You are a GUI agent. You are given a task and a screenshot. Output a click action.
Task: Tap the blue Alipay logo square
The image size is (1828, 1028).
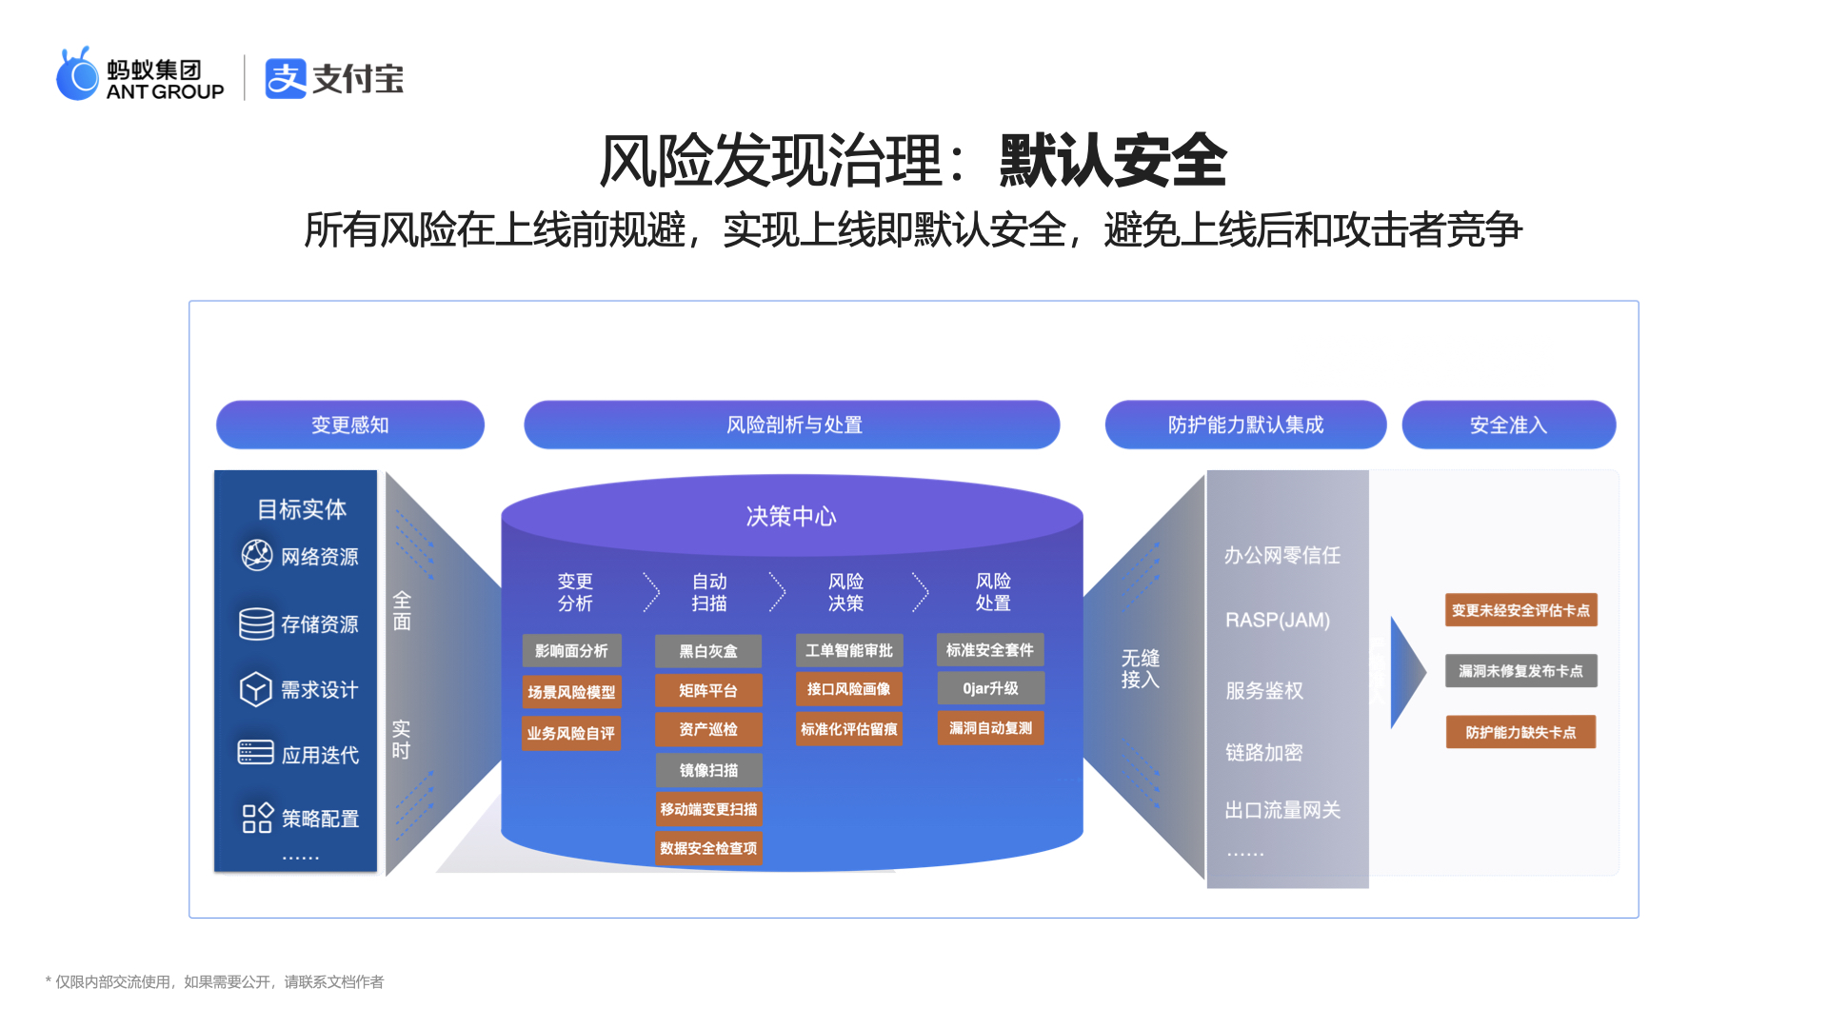[x=286, y=78]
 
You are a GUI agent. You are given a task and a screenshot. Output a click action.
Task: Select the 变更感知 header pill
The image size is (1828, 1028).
[x=350, y=425]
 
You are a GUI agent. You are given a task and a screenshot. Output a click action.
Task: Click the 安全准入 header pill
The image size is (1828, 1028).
[x=1509, y=425]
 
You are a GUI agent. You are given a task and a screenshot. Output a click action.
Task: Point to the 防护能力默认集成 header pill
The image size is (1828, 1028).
[x=1245, y=425]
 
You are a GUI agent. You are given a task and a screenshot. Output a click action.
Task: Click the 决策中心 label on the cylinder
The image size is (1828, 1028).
[x=791, y=516]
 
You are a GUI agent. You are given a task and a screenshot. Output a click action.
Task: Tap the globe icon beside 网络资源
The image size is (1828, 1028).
[x=257, y=555]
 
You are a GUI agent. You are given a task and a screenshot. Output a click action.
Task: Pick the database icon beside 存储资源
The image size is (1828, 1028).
[x=256, y=623]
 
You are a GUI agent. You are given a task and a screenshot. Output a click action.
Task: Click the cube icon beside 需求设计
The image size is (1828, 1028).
[x=255, y=689]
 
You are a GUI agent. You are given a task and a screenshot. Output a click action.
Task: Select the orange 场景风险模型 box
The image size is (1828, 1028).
[x=571, y=692]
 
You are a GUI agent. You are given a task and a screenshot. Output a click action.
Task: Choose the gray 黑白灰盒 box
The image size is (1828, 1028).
[x=708, y=651]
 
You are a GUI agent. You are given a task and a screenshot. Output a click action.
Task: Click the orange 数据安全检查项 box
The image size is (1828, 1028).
[x=708, y=848]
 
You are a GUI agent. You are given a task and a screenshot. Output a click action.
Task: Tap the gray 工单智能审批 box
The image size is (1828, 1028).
[x=849, y=650]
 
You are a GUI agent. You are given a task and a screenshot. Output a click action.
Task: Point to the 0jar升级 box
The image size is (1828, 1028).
[x=990, y=688]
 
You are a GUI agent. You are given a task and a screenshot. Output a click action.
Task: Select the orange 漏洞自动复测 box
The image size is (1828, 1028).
[x=990, y=728]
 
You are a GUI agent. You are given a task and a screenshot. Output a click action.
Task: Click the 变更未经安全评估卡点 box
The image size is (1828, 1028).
[x=1520, y=610]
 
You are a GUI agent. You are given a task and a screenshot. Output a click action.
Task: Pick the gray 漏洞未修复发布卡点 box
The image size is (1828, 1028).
[x=1520, y=671]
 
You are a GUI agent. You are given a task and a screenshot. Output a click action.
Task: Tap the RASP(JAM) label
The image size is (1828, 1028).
[x=1278, y=621]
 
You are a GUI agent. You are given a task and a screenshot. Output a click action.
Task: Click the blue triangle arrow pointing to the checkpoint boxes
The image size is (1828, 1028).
[x=1407, y=672]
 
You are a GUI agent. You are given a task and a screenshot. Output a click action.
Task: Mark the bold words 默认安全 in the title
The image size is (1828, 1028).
[x=1113, y=160]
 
